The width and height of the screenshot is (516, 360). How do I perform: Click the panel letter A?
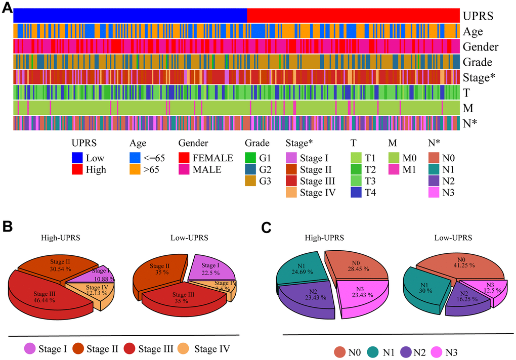click(8, 8)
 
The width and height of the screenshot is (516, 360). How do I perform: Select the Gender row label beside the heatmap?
click(480, 47)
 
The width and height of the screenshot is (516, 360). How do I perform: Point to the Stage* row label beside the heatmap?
click(479, 78)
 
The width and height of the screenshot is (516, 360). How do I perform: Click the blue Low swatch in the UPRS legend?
click(77, 158)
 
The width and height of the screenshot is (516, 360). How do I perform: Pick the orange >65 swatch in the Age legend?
click(136, 169)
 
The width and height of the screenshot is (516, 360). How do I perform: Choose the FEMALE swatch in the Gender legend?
click(185, 158)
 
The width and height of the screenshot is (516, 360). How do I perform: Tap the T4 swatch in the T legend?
click(357, 192)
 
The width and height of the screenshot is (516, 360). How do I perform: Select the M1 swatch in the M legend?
click(395, 169)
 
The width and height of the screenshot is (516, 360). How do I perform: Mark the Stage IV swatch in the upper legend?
click(292, 192)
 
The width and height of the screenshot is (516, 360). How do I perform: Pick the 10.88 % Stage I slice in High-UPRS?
click(96, 274)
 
